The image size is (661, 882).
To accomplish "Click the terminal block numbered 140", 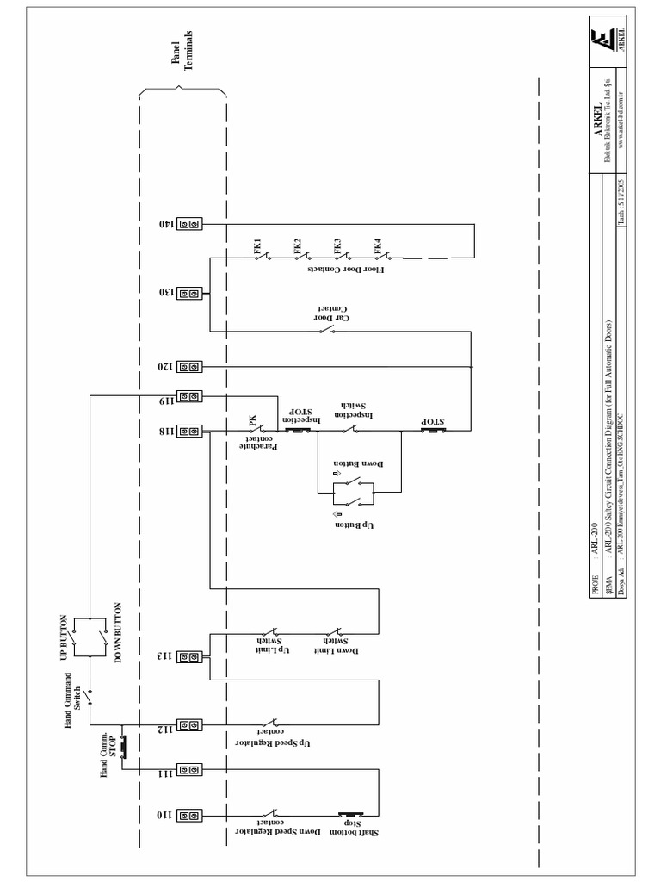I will tap(189, 224).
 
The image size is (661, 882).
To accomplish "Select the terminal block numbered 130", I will tap(189, 293).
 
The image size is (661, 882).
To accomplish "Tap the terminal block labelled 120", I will tap(189, 367).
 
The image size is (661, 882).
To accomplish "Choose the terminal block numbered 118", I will tap(189, 430).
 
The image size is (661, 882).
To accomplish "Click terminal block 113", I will tap(189, 656).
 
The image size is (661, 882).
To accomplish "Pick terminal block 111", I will tap(189, 769).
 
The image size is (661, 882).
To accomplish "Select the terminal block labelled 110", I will tap(189, 814).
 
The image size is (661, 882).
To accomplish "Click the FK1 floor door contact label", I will tap(256, 245).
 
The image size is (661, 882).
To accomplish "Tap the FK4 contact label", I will tap(378, 245).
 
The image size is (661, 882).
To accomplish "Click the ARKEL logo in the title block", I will tap(602, 41).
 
